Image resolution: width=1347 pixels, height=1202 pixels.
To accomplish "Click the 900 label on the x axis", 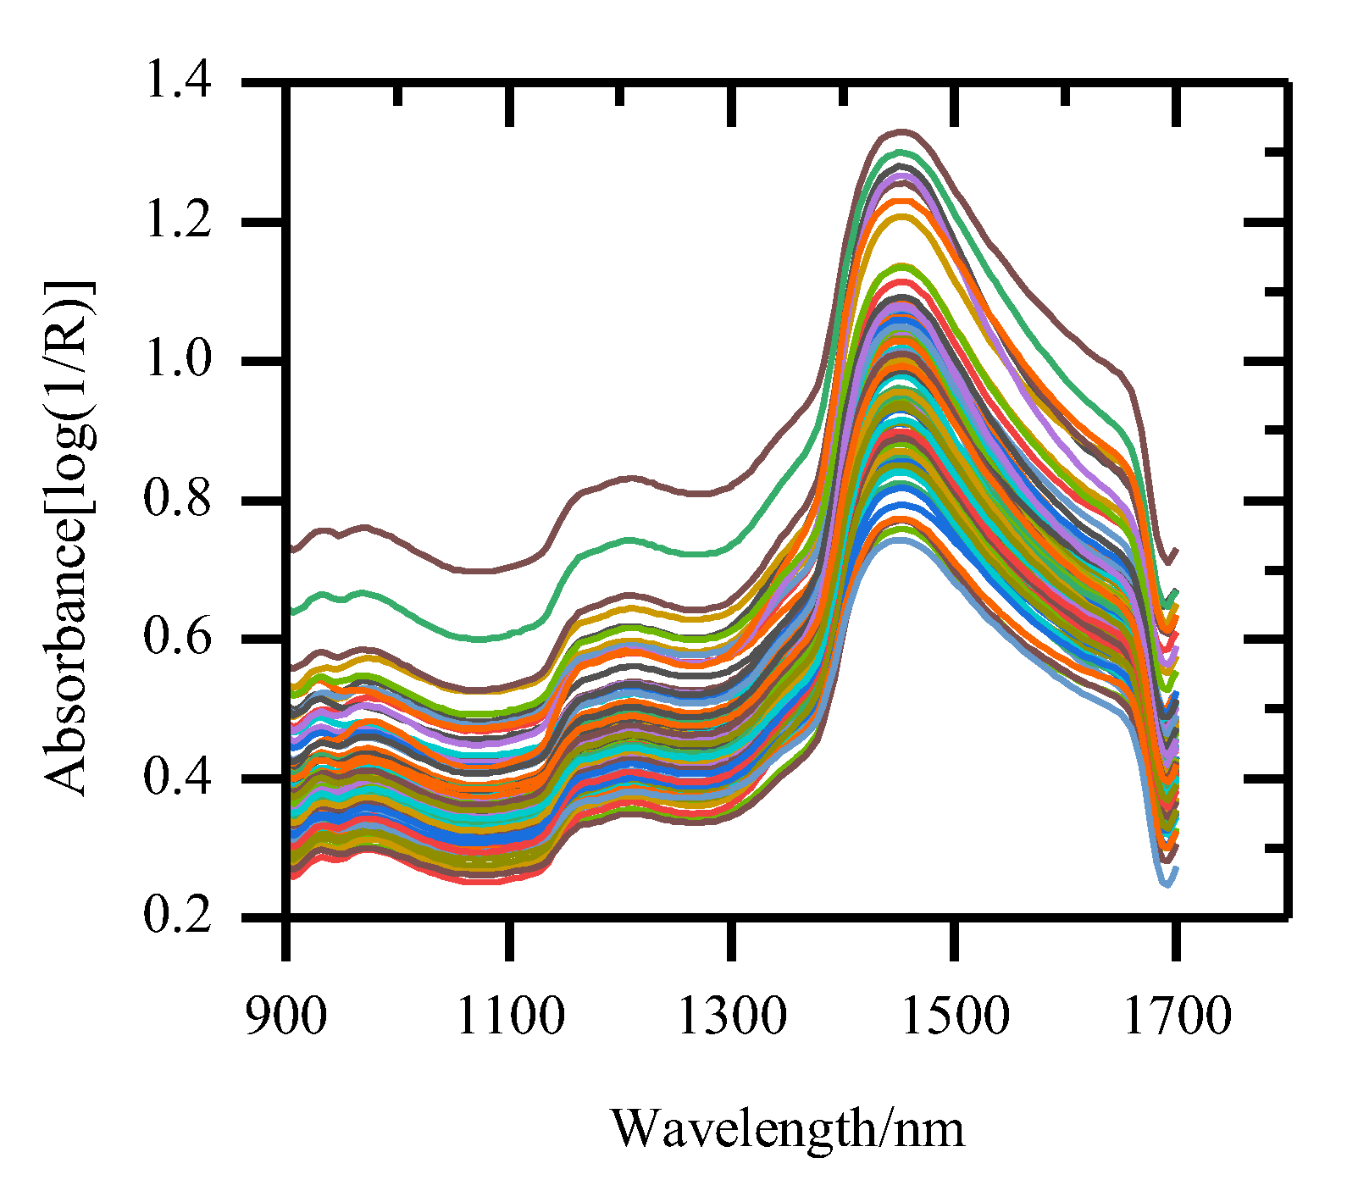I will [x=285, y=1016].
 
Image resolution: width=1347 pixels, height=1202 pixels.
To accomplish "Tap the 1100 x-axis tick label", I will [x=509, y=1016].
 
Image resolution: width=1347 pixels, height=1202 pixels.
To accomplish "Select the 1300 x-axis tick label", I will [x=732, y=1016].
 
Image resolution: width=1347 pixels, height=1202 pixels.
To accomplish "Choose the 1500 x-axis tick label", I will [x=955, y=1016].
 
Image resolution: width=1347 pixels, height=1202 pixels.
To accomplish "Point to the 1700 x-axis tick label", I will [x=1177, y=1016].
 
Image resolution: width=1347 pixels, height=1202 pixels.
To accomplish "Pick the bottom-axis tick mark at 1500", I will [x=955, y=940].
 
